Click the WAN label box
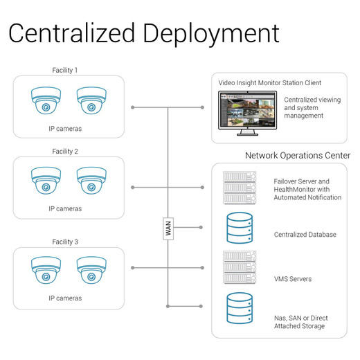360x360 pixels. (168, 228)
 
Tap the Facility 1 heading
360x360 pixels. (65, 70)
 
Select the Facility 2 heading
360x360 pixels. (65, 152)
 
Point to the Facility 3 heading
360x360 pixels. (65, 242)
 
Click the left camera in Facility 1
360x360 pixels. (46, 100)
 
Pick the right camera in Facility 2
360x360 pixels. (91, 181)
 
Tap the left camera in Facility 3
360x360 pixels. (46, 270)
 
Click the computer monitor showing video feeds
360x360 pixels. (247, 113)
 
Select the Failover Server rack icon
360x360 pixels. (240, 188)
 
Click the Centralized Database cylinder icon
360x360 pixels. (240, 228)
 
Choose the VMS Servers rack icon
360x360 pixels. (240, 267)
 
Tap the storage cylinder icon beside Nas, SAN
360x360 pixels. (240, 308)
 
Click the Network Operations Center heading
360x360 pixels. (298, 156)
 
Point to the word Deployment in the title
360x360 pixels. (211, 34)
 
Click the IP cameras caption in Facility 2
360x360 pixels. (65, 209)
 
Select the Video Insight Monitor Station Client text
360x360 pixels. (270, 83)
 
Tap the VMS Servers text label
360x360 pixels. (293, 279)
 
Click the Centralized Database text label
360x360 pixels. (305, 235)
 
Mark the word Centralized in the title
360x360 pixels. (71, 33)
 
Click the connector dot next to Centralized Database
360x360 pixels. (201, 227)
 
